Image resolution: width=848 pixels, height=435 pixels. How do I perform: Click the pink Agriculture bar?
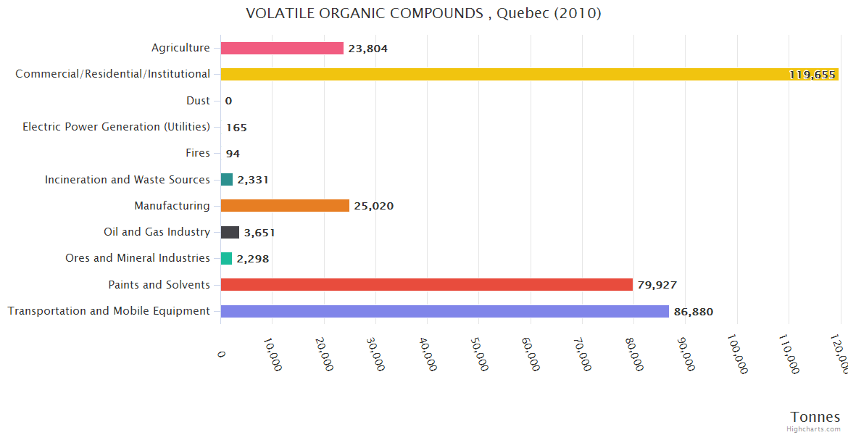point(282,49)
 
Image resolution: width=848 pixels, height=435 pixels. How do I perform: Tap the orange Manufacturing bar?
point(285,206)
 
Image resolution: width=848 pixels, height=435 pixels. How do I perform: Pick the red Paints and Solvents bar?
point(426,285)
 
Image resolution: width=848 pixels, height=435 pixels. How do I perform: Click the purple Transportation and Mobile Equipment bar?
point(444,311)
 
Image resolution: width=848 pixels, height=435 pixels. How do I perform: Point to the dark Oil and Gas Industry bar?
point(230,232)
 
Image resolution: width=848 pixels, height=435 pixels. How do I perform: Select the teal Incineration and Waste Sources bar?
point(227,180)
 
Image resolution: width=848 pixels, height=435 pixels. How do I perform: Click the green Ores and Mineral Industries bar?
point(226,258)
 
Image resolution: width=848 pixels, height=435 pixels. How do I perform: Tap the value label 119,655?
point(812,75)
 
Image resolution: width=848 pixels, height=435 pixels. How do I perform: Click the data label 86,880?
point(693,312)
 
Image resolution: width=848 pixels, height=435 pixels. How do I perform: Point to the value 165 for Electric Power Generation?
point(236,128)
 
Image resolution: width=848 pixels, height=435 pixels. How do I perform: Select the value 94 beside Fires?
point(233,154)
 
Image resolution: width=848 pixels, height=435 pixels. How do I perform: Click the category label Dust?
point(197,101)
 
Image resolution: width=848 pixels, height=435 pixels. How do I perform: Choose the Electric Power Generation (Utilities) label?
point(116,127)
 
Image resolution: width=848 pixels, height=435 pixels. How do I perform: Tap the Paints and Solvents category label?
point(159,284)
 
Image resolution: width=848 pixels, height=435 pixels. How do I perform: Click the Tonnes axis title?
point(815,417)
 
